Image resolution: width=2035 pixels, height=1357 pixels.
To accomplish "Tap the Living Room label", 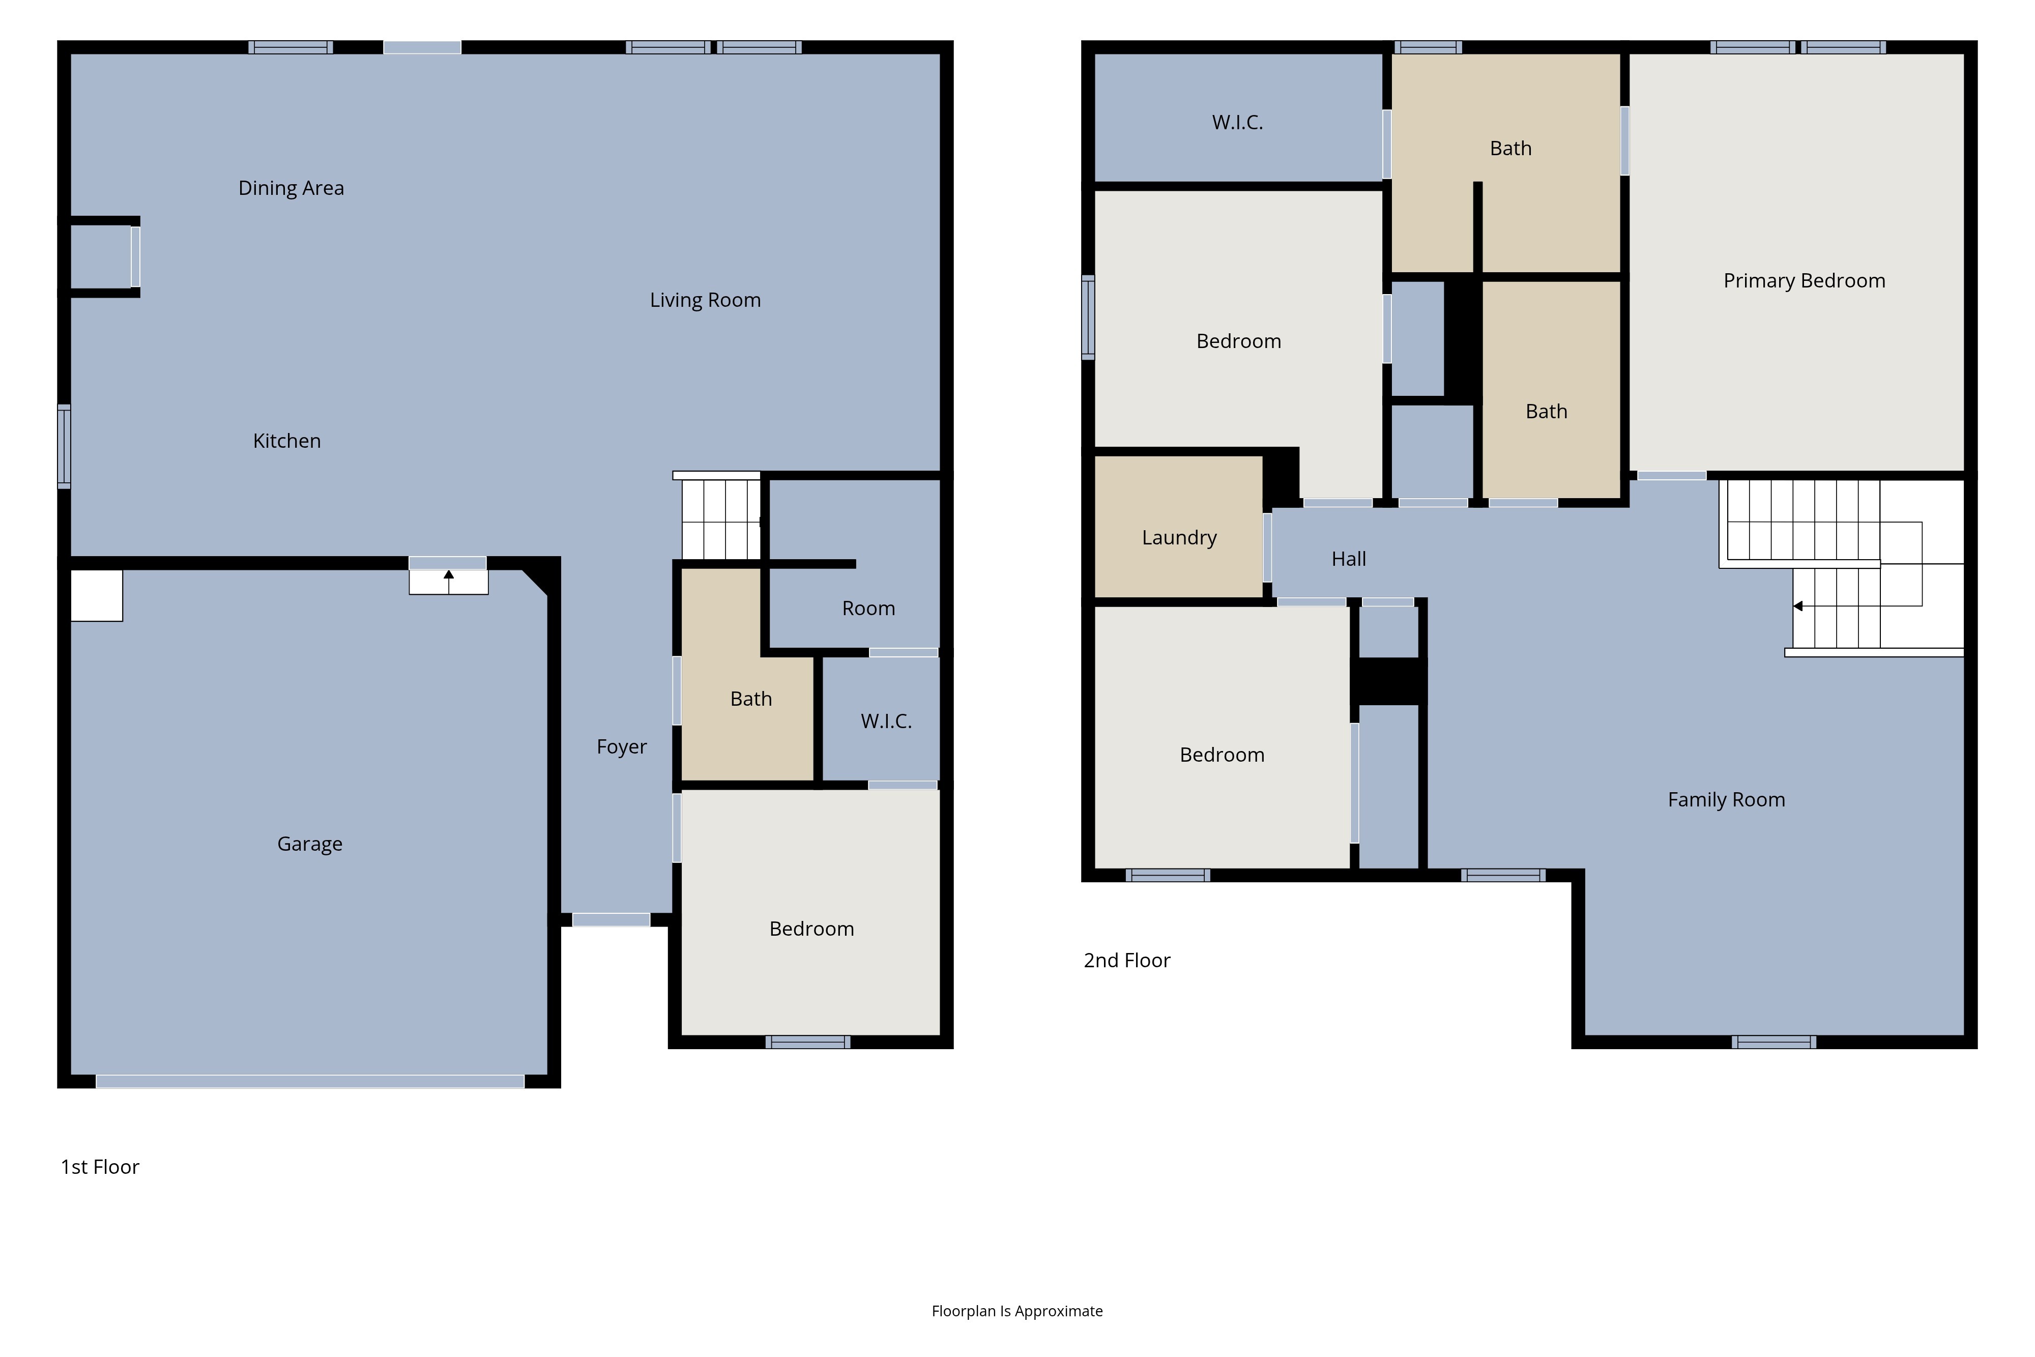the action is tap(705, 300).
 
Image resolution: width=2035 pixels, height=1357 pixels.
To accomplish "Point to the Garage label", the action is tap(310, 844).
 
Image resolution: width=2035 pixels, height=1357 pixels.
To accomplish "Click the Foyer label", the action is tap(621, 747).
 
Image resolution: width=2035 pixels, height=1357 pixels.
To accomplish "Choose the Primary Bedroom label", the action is tap(1804, 280).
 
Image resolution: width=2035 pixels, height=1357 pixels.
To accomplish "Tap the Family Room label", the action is tap(1726, 800).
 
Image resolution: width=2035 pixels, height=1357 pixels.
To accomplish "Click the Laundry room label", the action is tap(1179, 537).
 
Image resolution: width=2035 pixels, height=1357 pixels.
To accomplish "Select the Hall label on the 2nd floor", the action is tap(1348, 559).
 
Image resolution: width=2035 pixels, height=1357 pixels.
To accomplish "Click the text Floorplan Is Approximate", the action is tap(1016, 1311).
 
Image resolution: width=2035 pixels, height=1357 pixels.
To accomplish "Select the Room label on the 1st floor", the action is tap(868, 609).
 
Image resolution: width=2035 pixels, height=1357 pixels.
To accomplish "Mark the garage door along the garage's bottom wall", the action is tap(310, 1081).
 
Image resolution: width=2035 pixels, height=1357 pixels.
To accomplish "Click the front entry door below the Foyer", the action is tap(611, 920).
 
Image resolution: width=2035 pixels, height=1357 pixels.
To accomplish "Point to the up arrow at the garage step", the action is tap(448, 581).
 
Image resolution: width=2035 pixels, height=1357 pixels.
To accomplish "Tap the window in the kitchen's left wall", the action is tap(64, 447).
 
